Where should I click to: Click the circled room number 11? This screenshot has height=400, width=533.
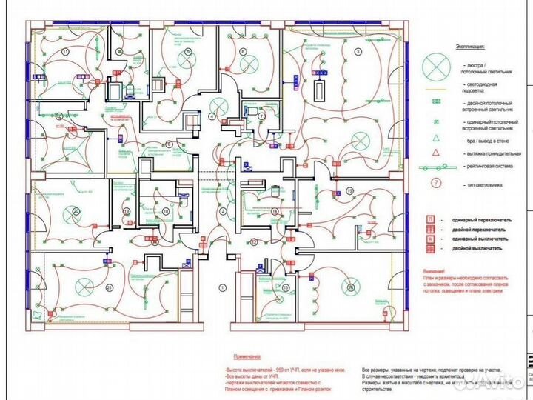click(66, 52)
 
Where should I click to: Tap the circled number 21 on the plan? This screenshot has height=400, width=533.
click(110, 287)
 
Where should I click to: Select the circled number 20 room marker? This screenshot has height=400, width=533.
click(76, 210)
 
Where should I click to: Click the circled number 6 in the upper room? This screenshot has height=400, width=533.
click(242, 51)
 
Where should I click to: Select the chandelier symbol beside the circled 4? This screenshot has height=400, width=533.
click(218, 104)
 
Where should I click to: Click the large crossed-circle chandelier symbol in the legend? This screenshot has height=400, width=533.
click(436, 67)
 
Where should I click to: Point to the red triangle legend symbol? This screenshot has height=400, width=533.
click(437, 152)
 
